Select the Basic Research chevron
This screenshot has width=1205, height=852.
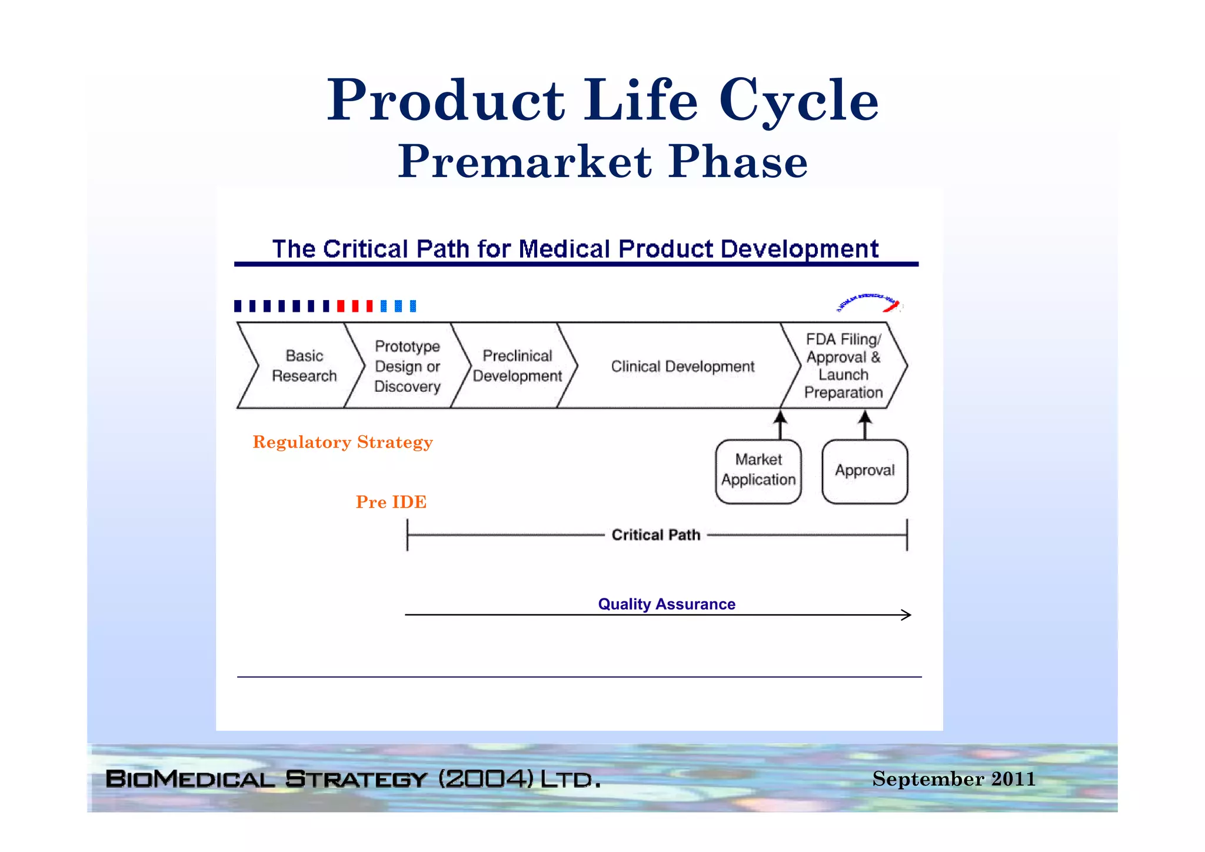point(304,365)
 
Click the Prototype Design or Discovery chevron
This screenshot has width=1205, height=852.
point(407,365)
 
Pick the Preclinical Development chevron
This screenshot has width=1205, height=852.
point(517,365)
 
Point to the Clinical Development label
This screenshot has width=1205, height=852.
point(683,366)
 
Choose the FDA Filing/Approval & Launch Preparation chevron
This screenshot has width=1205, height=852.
point(843,365)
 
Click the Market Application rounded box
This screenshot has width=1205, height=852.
point(758,471)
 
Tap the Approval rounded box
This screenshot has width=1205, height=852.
point(864,471)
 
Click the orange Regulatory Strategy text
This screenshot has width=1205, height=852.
point(342,442)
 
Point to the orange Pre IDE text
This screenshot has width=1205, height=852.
point(391,502)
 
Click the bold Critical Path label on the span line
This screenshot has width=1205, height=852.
point(655,535)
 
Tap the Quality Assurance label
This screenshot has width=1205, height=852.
point(666,604)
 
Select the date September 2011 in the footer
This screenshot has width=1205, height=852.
point(953,778)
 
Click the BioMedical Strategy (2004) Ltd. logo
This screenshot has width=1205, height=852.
point(353,779)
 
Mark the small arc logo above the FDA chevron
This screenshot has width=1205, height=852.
point(868,302)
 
